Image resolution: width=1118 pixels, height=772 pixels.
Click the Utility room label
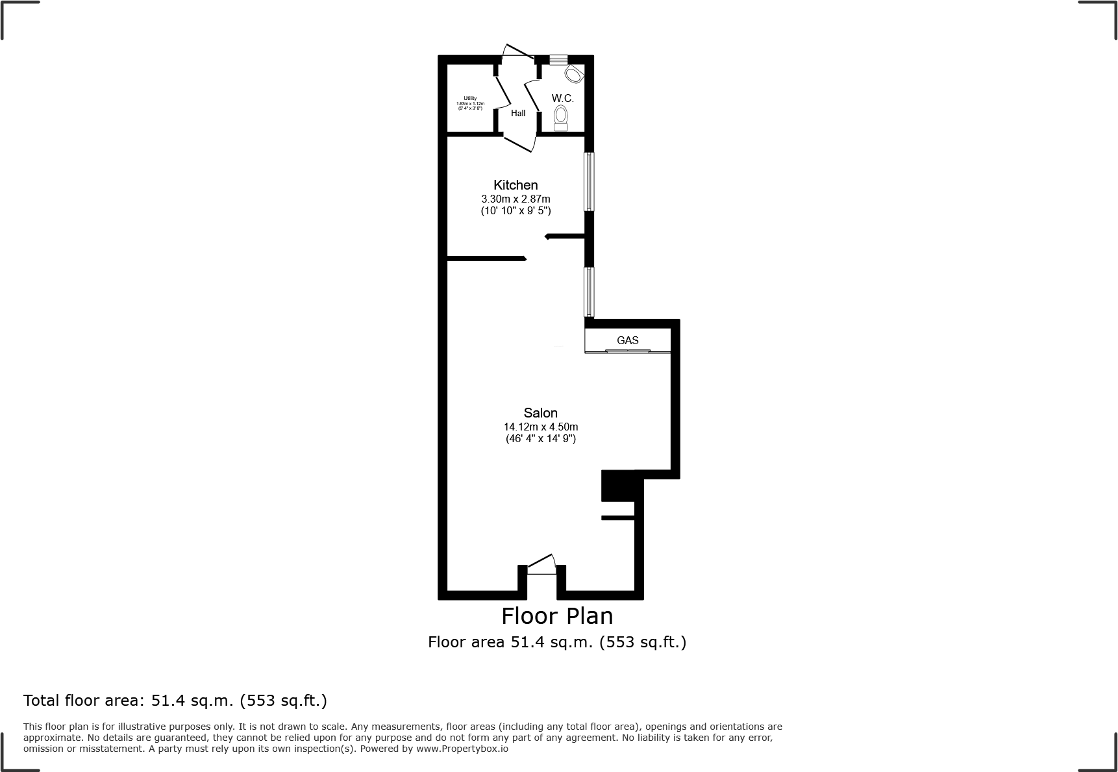(x=470, y=99)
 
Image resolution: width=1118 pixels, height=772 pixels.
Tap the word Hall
(x=518, y=113)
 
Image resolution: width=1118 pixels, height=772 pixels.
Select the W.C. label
(x=562, y=98)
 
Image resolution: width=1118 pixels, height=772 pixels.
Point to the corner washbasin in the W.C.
(x=573, y=74)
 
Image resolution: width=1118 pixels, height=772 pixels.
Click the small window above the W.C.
(x=558, y=60)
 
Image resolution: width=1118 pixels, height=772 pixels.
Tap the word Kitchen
(x=516, y=185)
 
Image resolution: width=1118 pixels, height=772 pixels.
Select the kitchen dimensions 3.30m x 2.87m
(x=516, y=199)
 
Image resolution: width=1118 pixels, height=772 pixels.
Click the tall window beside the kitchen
(x=589, y=182)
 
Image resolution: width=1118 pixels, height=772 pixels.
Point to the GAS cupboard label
(x=627, y=340)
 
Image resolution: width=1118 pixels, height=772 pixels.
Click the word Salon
(x=540, y=413)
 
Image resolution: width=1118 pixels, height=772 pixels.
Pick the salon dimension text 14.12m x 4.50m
(x=540, y=427)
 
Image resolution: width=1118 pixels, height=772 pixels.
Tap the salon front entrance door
(x=541, y=565)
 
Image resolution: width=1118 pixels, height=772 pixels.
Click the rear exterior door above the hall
(x=517, y=52)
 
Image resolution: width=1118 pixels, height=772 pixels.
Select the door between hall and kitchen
(x=519, y=143)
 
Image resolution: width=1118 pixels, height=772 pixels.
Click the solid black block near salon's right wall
(x=617, y=486)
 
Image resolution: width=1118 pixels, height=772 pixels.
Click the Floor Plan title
(x=557, y=615)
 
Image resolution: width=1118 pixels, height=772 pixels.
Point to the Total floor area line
(x=175, y=701)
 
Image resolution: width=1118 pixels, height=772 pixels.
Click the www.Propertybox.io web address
(x=462, y=749)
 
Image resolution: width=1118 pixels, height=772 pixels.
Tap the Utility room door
(x=503, y=94)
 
